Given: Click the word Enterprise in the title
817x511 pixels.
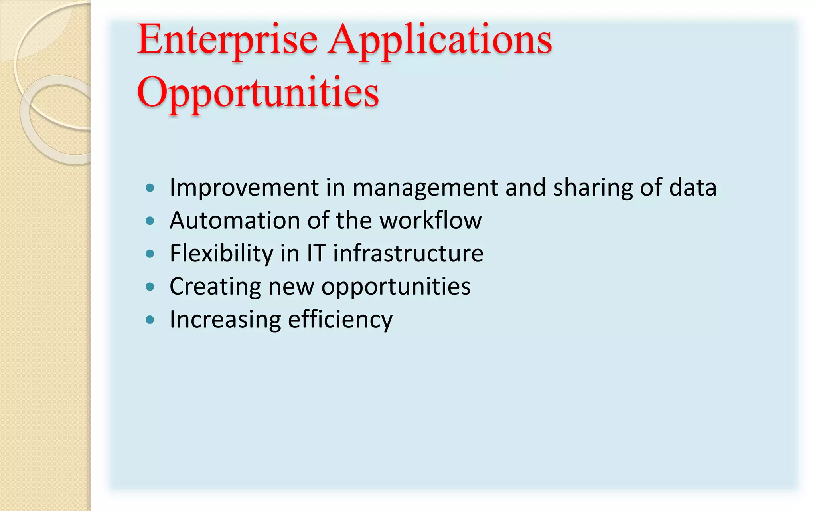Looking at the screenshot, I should coord(227,40).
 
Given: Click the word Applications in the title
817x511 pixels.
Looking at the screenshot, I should coord(440,40).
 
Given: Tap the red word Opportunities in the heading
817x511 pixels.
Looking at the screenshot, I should coord(258,93).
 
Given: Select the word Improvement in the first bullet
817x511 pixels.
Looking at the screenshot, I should coord(244,187).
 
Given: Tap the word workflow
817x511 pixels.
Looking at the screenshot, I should coord(430,220).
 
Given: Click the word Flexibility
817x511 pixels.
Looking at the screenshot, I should coord(221,254).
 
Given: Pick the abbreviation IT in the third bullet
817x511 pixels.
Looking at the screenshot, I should coord(316,254).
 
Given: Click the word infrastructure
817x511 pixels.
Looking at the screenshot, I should coord(408,254).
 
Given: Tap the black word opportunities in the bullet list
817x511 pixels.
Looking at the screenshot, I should coord(396,287).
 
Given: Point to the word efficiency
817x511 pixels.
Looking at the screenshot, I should coord(340,320).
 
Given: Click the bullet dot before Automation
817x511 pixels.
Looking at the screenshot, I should coord(150,221).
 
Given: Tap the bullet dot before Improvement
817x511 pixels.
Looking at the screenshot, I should coord(150,188).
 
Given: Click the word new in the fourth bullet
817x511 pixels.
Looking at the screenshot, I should coord(291,287).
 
